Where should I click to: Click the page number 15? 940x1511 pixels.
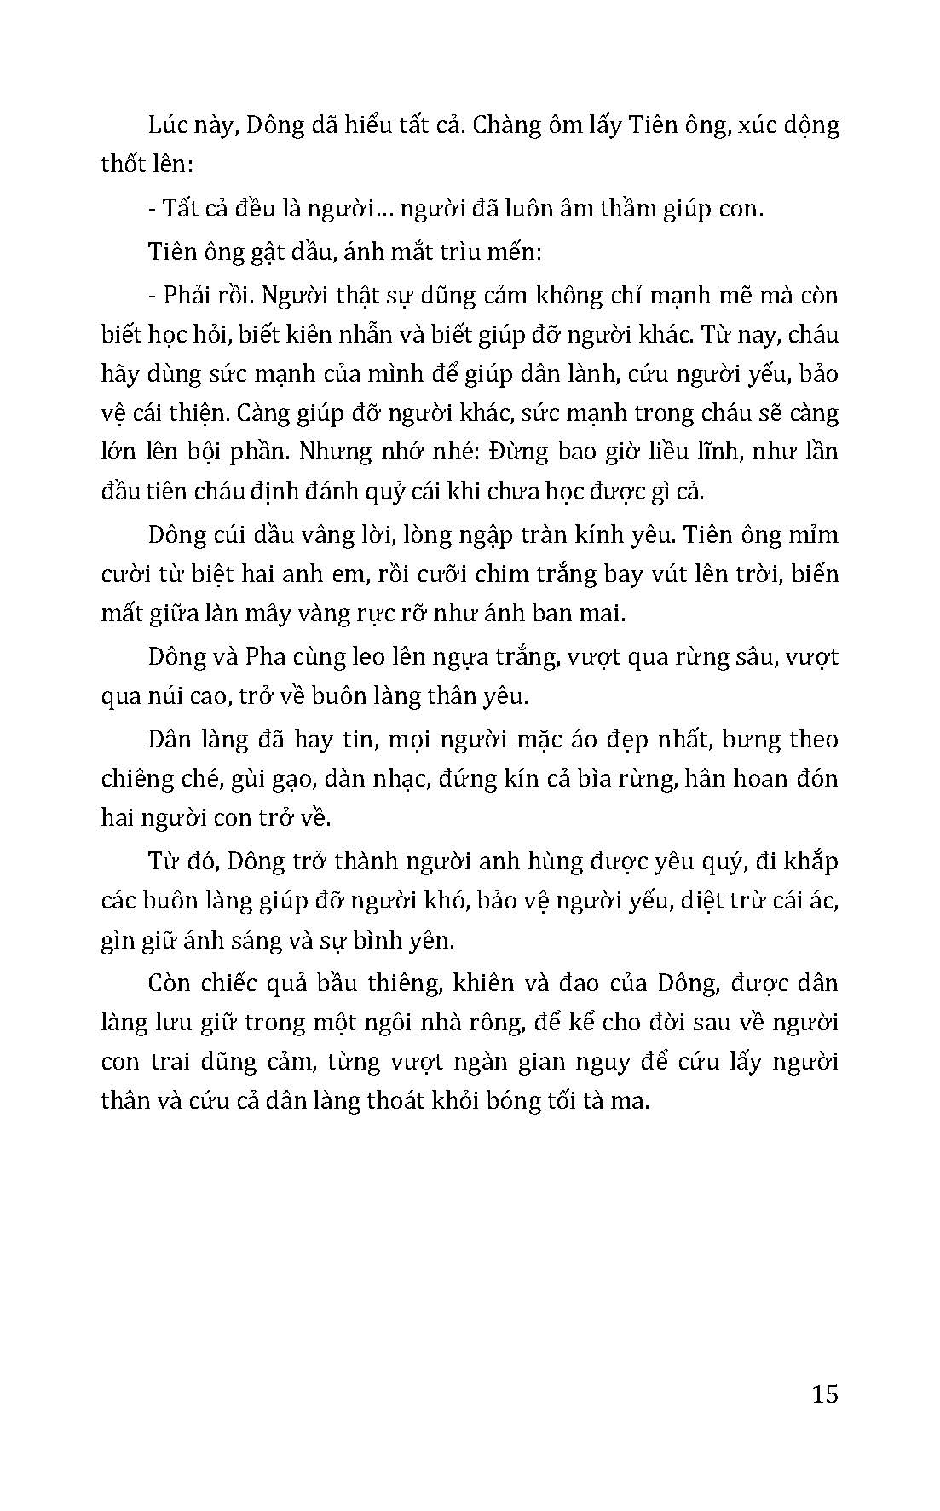click(x=825, y=1394)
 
